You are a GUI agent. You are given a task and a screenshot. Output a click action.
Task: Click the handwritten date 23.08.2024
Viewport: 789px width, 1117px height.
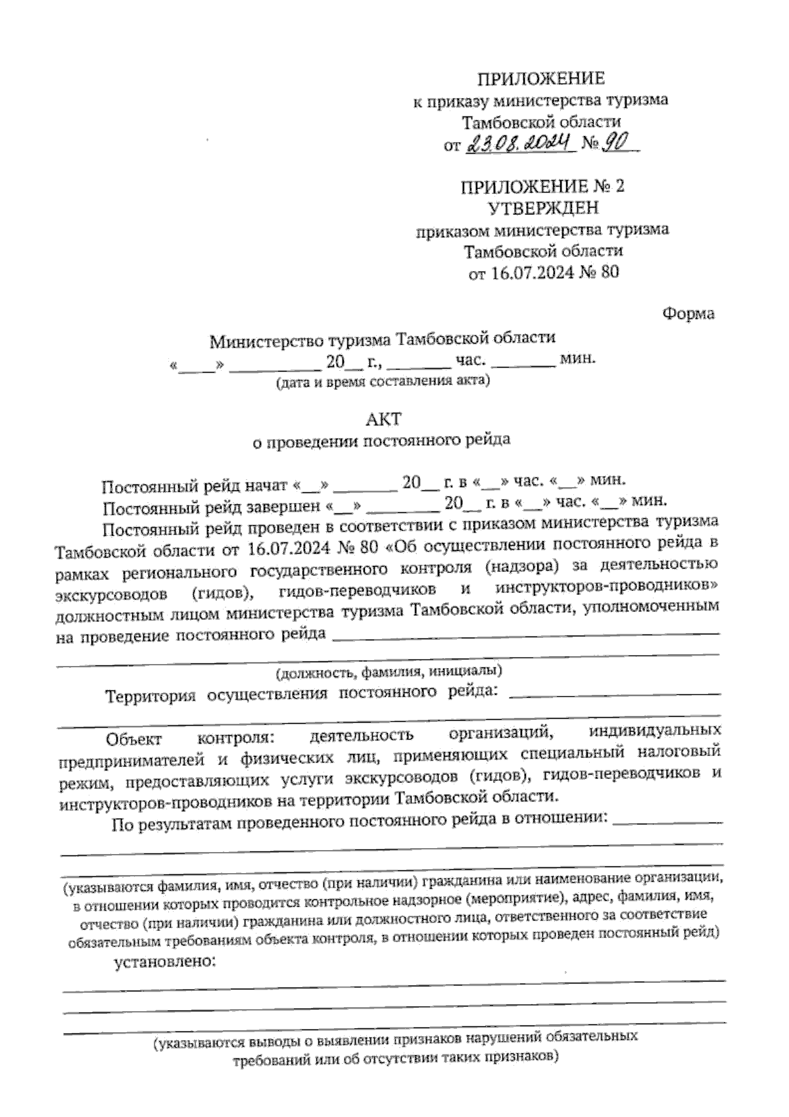tap(520, 143)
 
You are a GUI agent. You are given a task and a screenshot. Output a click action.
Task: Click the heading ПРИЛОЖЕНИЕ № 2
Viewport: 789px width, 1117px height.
tap(542, 186)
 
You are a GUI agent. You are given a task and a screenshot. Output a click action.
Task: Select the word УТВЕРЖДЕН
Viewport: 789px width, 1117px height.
tap(543, 208)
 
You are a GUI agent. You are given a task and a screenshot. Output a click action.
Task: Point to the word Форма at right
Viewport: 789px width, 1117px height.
tap(688, 314)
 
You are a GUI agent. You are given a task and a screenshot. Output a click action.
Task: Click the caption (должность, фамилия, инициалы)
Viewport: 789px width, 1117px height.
tap(389, 671)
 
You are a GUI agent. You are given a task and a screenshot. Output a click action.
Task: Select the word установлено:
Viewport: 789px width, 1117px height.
tap(165, 962)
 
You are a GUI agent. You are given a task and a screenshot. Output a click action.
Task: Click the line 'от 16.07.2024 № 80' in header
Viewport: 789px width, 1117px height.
tap(543, 272)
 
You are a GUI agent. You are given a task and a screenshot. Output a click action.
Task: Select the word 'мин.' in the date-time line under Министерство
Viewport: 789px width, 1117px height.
tap(577, 359)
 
